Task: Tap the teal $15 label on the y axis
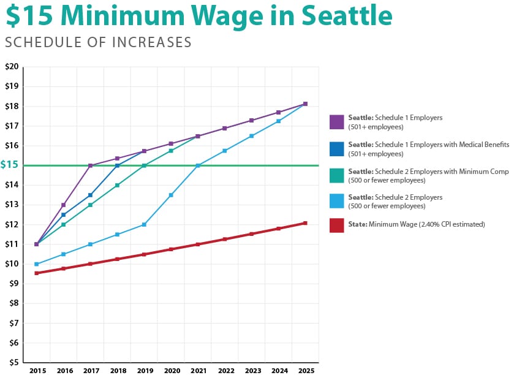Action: pos(10,165)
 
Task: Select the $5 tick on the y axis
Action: pos(12,362)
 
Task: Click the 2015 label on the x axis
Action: pos(37,370)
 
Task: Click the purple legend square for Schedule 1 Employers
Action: pos(336,122)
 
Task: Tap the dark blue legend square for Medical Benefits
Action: pos(336,149)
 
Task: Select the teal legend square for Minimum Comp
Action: pos(336,176)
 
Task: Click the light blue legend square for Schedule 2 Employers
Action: pos(336,202)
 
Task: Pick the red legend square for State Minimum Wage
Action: pos(336,225)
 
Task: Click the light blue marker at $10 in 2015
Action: pos(37,264)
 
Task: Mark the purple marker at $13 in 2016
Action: pos(64,205)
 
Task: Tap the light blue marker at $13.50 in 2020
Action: pos(171,195)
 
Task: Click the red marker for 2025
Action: pos(305,223)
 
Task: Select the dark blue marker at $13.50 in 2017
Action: pos(91,195)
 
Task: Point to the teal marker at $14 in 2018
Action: pos(117,185)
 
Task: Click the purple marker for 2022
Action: pos(225,128)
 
